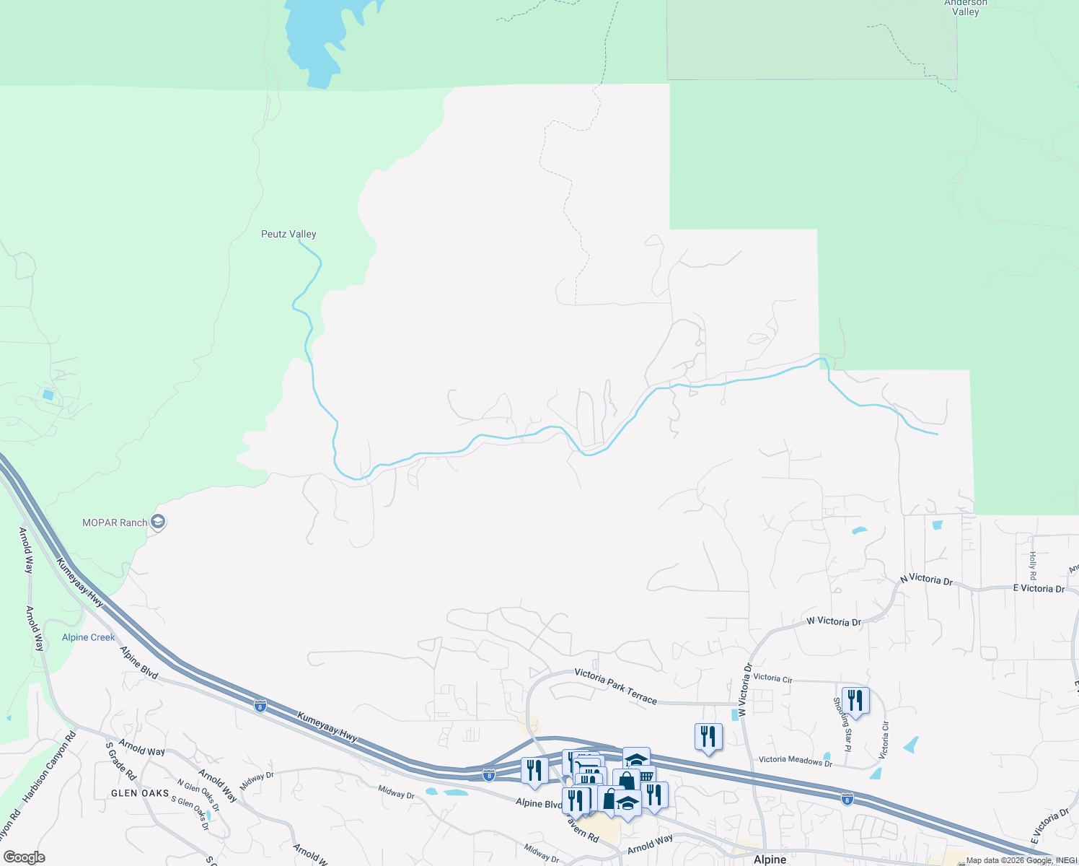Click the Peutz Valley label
coord(289,234)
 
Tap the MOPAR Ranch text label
coord(115,522)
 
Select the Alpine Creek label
coord(88,637)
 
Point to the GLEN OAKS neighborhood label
coord(140,793)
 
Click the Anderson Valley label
coord(965,7)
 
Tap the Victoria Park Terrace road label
coord(615,686)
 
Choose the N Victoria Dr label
coord(926,579)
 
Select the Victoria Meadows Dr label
coord(795,760)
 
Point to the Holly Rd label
coord(1032,566)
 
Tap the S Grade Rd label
coord(120,761)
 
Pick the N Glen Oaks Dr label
coord(198,795)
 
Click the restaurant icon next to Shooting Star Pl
coord(855,700)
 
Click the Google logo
coord(24,857)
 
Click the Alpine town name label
coord(770,860)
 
